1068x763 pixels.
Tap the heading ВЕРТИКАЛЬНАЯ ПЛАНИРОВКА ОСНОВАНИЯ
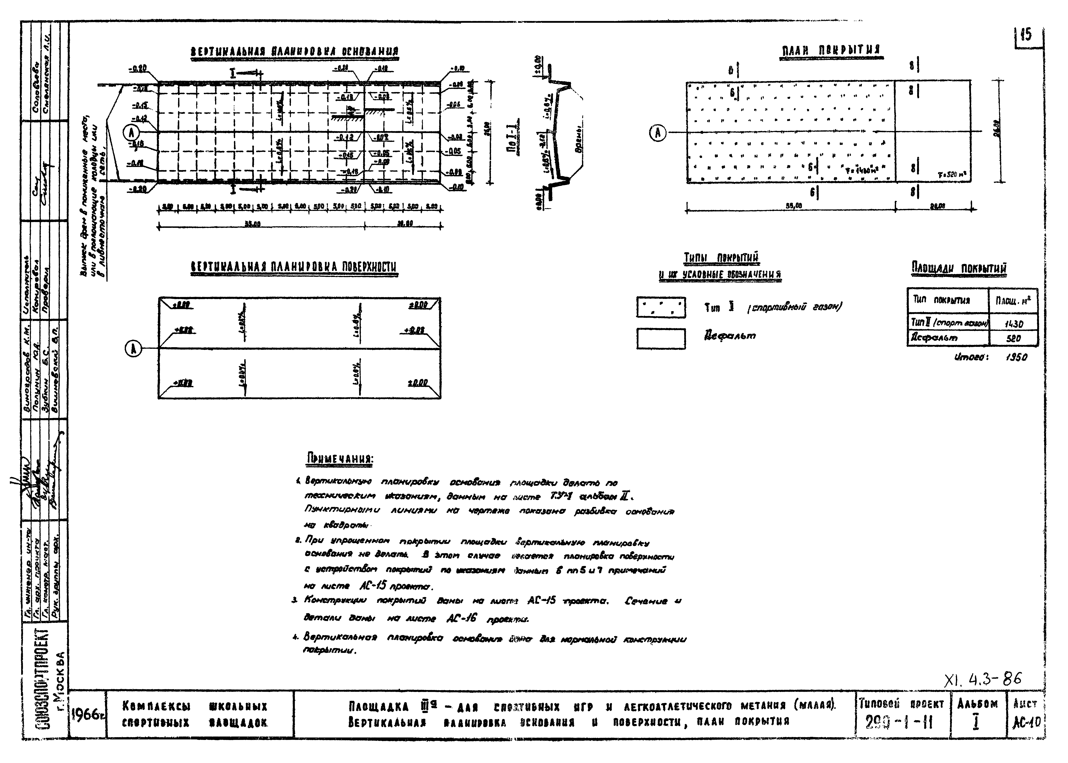coord(295,52)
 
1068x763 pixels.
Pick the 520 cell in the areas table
coord(1013,338)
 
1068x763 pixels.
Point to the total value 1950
coord(1016,357)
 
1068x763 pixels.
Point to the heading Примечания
coord(340,458)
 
